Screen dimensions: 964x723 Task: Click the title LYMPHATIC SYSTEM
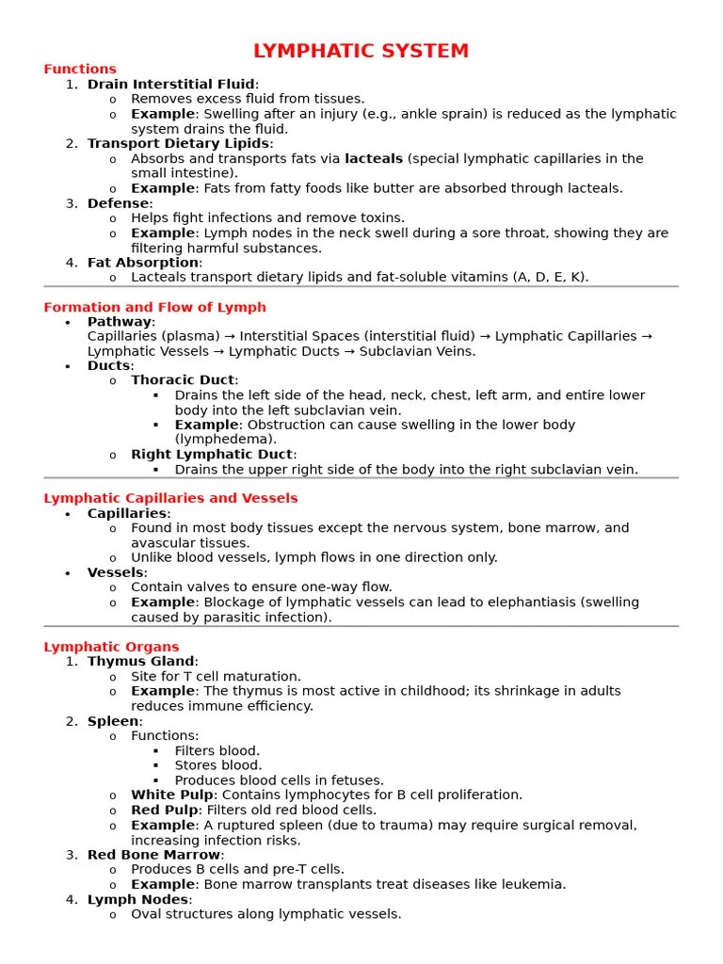[361, 51]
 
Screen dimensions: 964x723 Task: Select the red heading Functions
[80, 69]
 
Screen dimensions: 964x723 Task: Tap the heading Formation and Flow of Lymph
[154, 307]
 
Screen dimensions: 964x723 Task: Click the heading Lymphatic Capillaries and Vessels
[170, 498]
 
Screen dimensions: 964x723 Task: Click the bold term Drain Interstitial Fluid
[170, 85]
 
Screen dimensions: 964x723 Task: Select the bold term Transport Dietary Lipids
[179, 144]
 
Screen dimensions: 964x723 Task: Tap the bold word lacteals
[374, 159]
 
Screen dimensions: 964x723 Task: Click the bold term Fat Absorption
[143, 263]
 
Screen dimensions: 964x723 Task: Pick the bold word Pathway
[120, 322]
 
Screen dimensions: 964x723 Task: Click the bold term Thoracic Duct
[183, 380]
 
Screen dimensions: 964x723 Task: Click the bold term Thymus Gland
[140, 662]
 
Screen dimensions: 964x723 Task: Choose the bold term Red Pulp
[165, 811]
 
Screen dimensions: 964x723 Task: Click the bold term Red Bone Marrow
[153, 855]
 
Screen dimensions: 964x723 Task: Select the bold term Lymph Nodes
[137, 899]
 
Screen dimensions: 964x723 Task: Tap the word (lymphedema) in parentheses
[226, 440]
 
